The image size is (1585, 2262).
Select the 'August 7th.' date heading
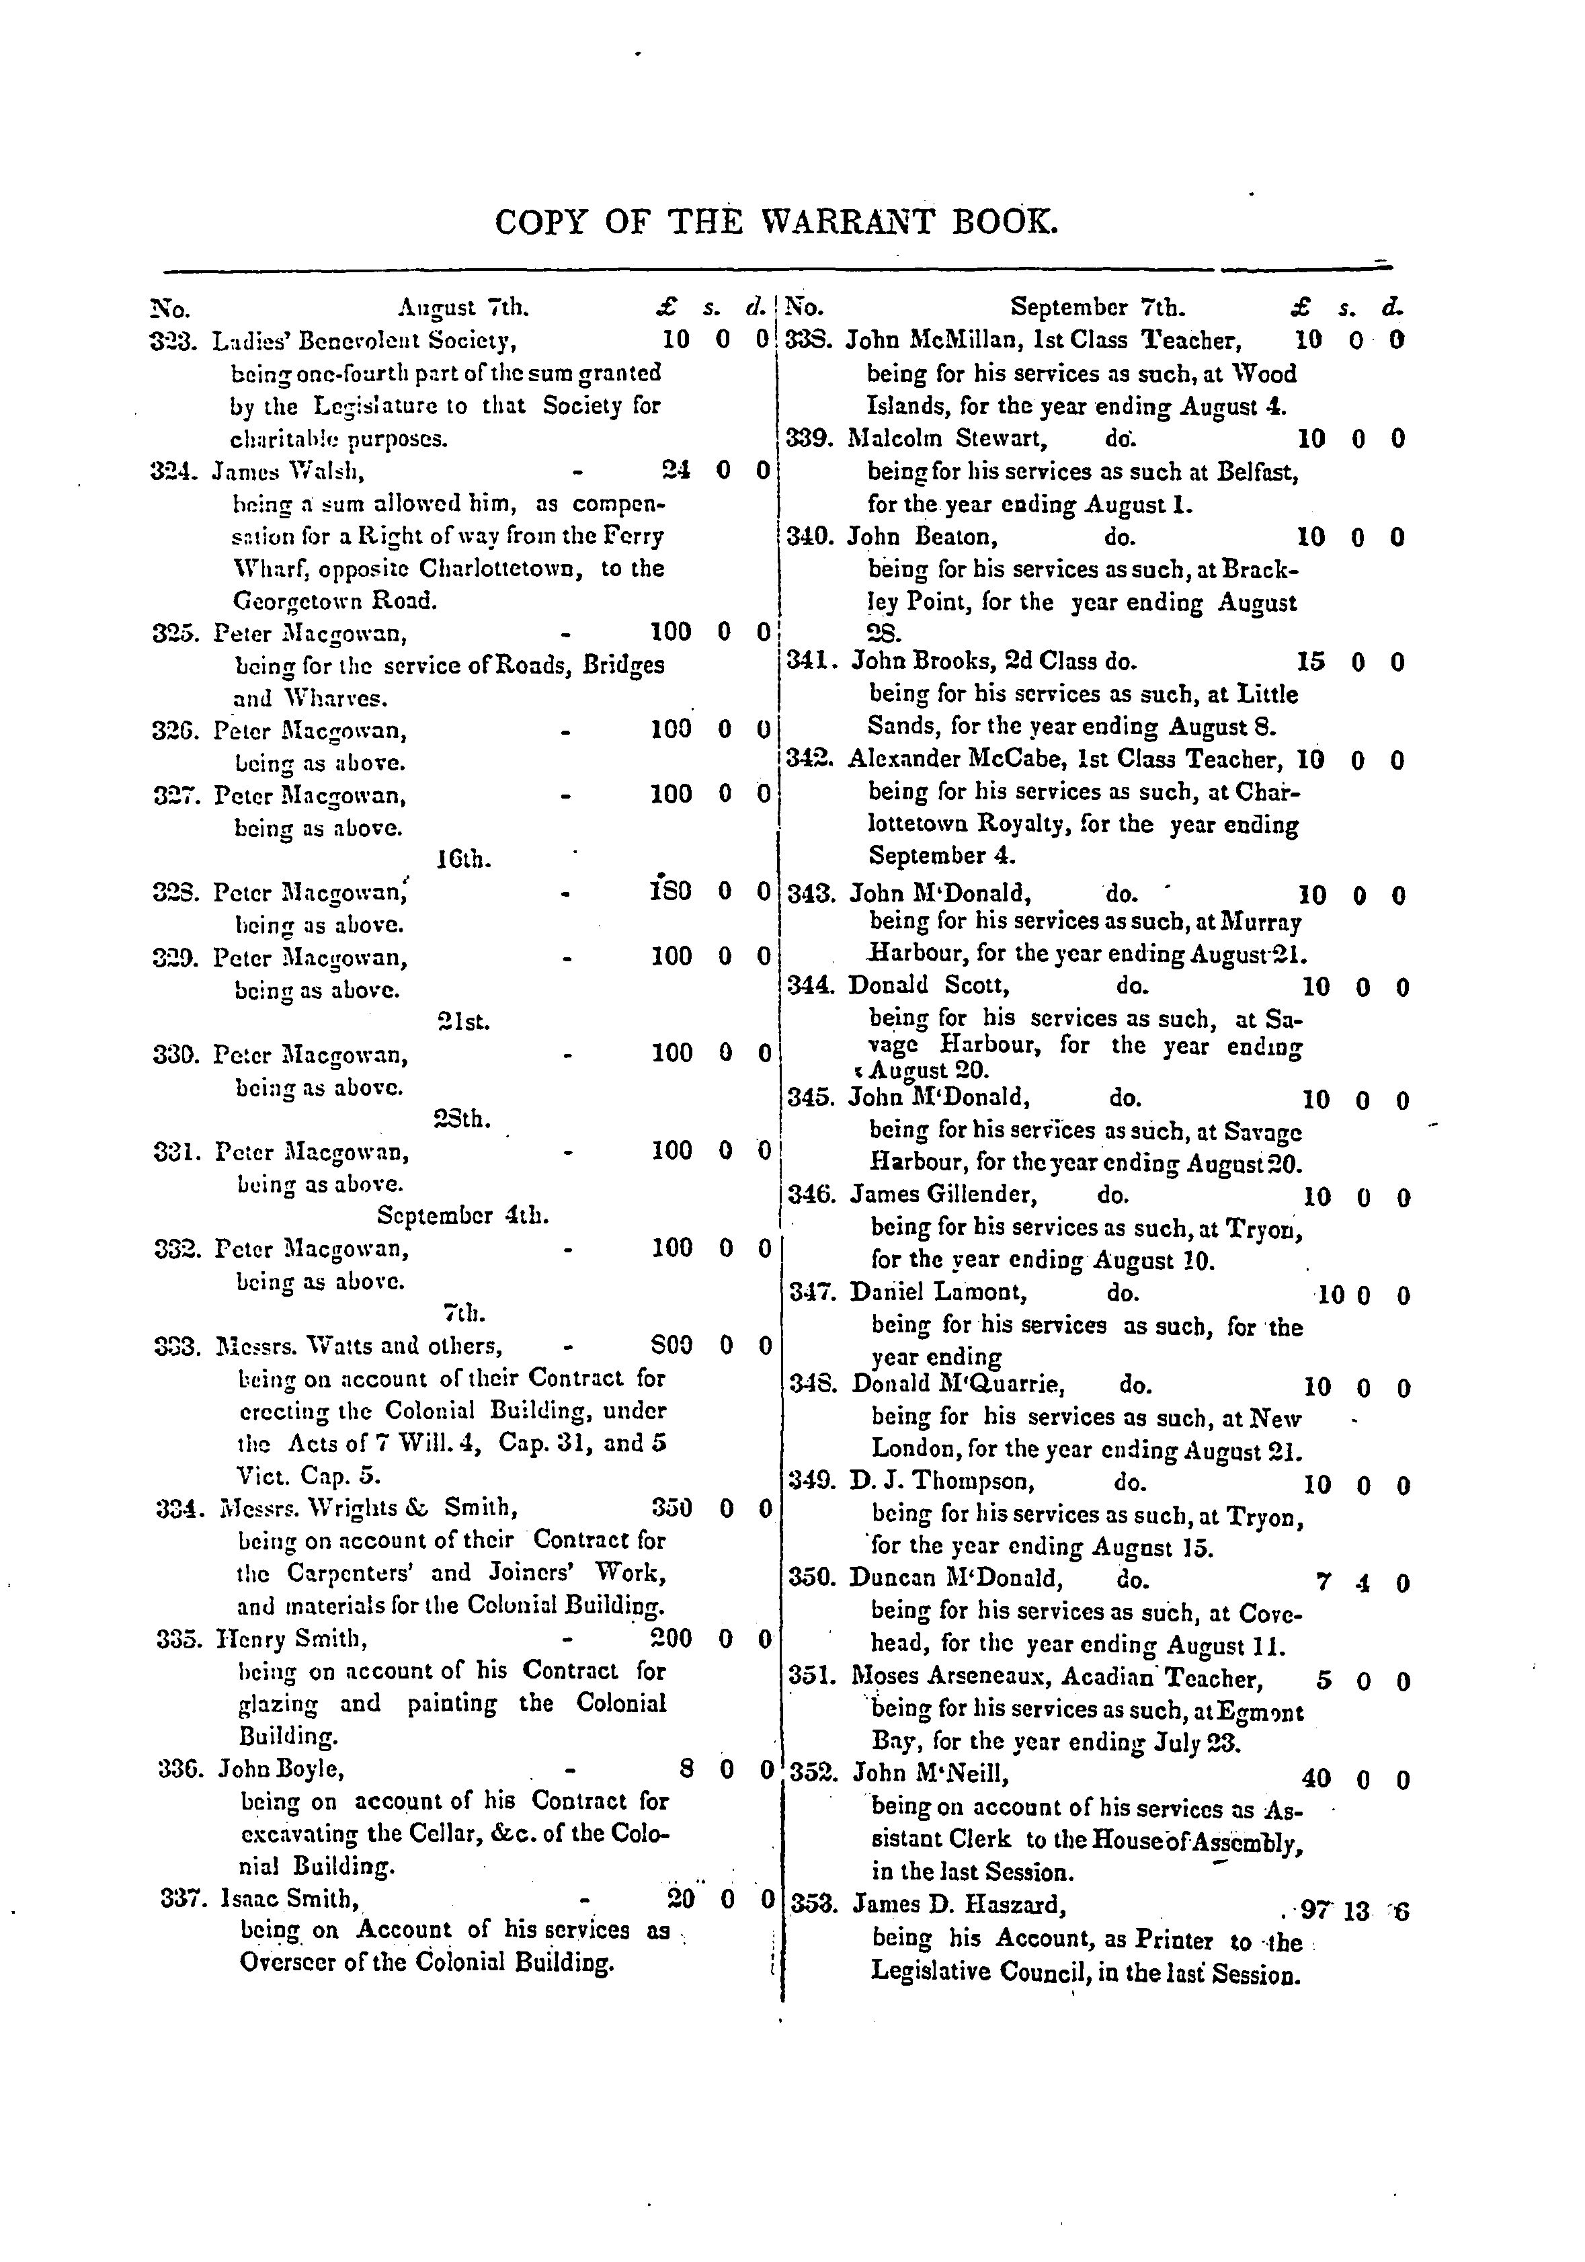pos(463,309)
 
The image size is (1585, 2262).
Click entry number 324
pos(174,471)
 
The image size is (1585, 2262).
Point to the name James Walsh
pos(288,472)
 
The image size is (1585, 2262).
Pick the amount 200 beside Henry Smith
pos(672,1638)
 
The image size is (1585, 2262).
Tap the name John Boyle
pos(282,1769)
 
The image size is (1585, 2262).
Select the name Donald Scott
pos(928,985)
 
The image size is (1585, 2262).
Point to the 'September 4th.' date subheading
pos(463,1216)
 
